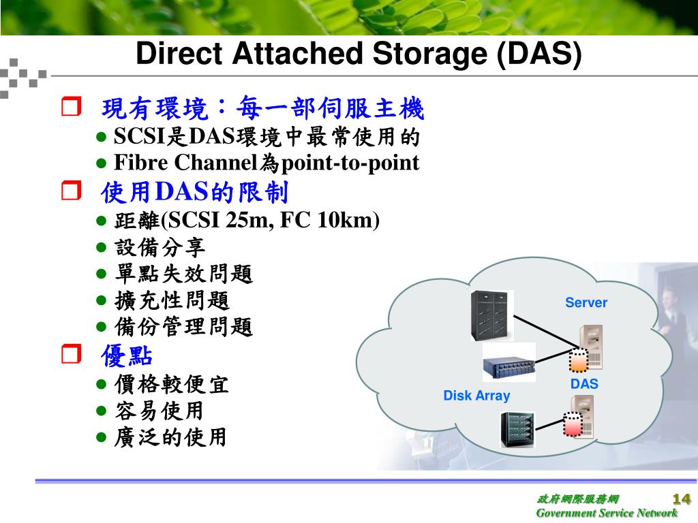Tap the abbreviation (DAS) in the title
click(540, 54)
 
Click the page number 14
click(682, 497)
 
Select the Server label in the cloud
click(586, 302)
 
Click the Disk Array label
click(476, 396)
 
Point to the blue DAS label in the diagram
click(584, 384)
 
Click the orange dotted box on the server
click(577, 362)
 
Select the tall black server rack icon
click(490, 315)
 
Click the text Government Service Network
click(607, 513)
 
